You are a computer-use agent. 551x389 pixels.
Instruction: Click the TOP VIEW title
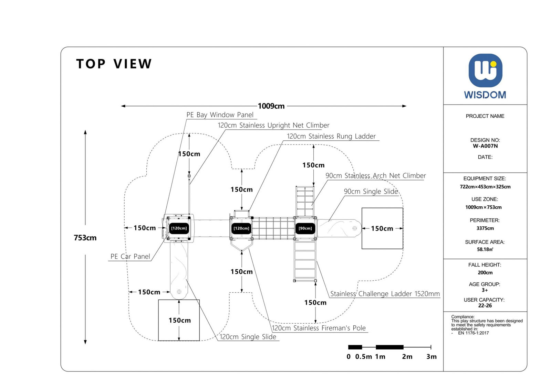(x=114, y=64)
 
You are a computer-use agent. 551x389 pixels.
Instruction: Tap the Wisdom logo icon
(x=485, y=71)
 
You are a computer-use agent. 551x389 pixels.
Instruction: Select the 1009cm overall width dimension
(x=271, y=106)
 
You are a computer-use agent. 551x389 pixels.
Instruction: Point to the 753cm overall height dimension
(x=85, y=238)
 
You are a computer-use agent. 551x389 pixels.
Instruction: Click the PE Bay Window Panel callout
(x=220, y=115)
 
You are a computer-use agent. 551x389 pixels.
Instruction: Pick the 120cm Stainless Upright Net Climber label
(x=273, y=126)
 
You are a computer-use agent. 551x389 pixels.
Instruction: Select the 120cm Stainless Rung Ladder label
(x=331, y=136)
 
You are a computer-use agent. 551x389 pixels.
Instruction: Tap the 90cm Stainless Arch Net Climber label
(x=375, y=176)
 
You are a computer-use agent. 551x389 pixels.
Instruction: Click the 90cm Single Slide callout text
(x=371, y=192)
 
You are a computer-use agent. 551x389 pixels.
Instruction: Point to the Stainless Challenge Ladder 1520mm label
(x=385, y=294)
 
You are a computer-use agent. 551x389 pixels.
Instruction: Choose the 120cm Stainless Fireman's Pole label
(x=319, y=328)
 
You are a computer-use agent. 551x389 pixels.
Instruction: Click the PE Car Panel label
(x=130, y=257)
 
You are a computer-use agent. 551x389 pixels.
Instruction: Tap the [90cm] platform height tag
(x=305, y=228)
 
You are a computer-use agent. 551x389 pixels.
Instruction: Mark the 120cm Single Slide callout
(x=248, y=337)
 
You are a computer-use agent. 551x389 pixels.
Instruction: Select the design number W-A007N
(x=485, y=146)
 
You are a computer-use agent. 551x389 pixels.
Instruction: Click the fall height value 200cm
(x=485, y=273)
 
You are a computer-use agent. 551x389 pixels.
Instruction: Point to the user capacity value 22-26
(x=485, y=306)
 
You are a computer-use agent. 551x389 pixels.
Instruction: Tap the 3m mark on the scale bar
(x=431, y=357)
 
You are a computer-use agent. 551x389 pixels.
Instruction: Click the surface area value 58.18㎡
(x=485, y=249)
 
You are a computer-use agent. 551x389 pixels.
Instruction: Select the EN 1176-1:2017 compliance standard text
(x=473, y=333)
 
